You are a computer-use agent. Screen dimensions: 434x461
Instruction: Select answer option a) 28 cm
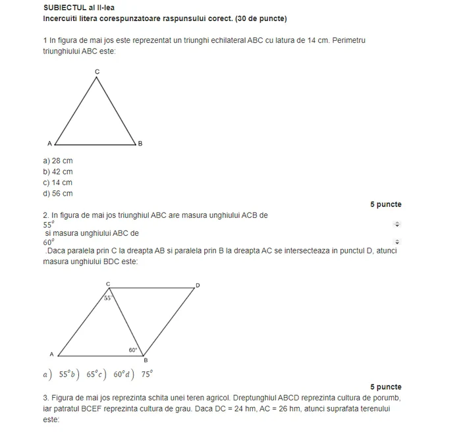[58, 161]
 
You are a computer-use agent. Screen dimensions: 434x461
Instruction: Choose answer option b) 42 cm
[58, 172]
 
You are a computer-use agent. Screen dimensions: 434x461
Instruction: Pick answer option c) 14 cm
[58, 183]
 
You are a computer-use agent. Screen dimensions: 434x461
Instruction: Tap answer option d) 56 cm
[58, 194]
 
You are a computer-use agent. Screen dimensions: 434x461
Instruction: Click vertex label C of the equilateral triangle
[97, 71]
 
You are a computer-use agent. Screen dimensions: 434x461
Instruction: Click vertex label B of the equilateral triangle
[140, 143]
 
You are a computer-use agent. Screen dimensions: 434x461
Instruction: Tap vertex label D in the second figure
[197, 285]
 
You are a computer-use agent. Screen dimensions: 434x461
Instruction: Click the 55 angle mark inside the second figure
[108, 298]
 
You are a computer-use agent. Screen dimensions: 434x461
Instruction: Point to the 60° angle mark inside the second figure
[133, 350]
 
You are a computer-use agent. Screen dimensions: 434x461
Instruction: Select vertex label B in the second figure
[146, 360]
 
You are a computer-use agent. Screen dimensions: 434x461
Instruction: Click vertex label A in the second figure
[52, 354]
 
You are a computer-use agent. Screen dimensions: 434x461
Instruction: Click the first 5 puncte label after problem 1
[385, 204]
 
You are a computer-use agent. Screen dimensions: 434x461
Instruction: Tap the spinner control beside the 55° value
[396, 224]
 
